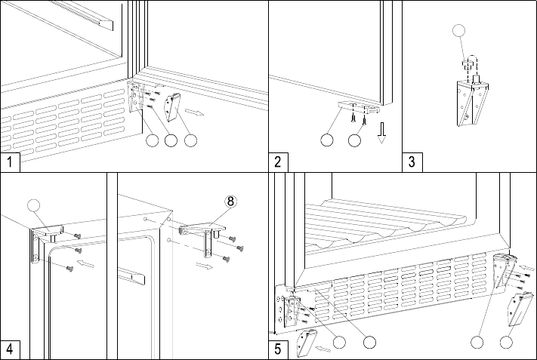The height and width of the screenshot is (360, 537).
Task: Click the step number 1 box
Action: (x=10, y=162)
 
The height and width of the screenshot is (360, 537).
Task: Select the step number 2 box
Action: (x=278, y=162)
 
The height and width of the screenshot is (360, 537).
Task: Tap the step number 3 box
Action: (x=412, y=162)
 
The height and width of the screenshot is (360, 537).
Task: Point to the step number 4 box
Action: (x=10, y=349)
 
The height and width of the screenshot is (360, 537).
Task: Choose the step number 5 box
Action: (x=278, y=349)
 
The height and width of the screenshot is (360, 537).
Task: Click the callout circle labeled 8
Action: (x=231, y=202)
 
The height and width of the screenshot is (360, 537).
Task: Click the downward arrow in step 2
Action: (x=382, y=134)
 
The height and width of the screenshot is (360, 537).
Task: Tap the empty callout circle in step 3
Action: (x=459, y=30)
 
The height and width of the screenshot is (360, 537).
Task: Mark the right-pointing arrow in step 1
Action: (x=194, y=112)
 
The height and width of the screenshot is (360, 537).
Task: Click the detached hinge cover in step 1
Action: (x=173, y=107)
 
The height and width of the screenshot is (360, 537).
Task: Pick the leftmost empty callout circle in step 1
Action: (x=153, y=140)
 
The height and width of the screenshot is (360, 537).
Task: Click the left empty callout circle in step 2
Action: (x=327, y=140)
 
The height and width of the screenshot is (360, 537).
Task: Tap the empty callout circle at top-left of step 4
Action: (x=33, y=205)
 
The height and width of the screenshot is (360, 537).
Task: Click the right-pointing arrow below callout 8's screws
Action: (x=204, y=266)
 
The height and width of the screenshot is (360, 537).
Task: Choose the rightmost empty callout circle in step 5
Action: (x=506, y=342)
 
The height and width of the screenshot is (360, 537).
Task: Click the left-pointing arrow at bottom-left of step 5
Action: (x=323, y=349)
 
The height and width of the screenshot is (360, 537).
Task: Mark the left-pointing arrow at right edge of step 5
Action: (x=526, y=268)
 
